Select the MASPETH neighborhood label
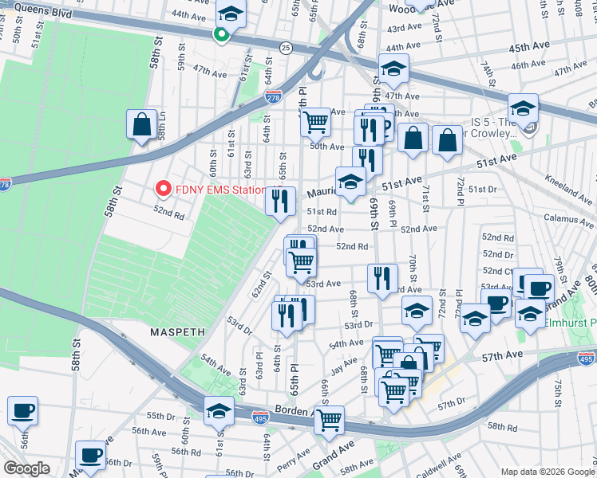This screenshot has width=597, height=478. click(177, 330)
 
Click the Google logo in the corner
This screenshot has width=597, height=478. click(26, 468)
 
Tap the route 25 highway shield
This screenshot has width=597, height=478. click(286, 49)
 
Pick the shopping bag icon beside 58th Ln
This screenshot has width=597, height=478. click(141, 125)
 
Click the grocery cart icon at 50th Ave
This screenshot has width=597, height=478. click(316, 122)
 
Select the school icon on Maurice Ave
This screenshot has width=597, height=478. click(350, 182)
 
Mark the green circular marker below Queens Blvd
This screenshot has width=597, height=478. click(221, 34)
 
